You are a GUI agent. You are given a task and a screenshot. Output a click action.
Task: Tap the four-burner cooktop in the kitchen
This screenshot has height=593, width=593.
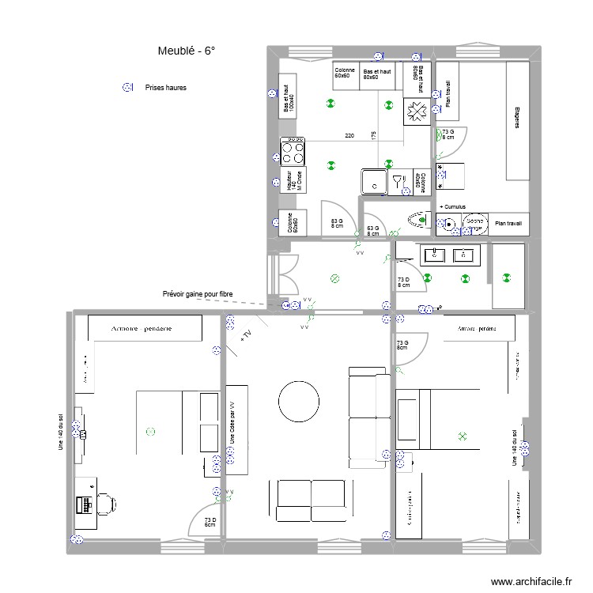[292, 149]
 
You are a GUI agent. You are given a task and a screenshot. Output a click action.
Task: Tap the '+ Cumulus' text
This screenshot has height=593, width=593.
[452, 207]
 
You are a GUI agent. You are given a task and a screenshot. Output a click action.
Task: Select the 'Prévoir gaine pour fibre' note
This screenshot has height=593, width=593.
[198, 294]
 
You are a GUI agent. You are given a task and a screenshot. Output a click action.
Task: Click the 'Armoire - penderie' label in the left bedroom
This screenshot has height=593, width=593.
[142, 327]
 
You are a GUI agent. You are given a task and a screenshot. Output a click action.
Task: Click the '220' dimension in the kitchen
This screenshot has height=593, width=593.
[349, 136]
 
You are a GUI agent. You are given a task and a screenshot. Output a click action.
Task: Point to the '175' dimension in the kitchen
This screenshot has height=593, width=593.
[373, 134]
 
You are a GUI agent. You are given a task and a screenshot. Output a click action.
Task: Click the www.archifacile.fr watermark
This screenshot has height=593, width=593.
[531, 581]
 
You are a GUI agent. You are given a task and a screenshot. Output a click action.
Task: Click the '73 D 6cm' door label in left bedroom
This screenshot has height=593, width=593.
[210, 522]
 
